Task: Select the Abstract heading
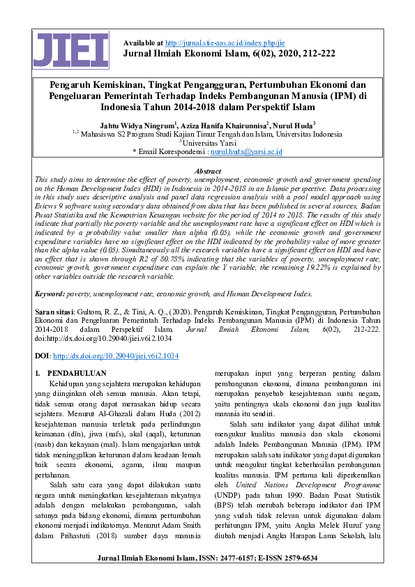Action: [x=207, y=170]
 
